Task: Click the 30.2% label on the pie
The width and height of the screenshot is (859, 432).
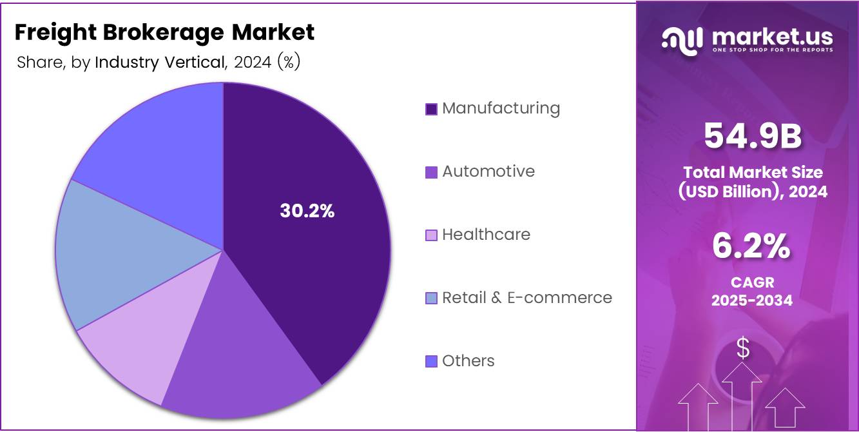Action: coord(307,211)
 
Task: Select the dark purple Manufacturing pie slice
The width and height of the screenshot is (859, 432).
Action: coord(322,271)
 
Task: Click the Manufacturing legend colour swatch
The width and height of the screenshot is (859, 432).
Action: coord(431,109)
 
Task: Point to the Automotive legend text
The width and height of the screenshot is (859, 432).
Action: coord(488,172)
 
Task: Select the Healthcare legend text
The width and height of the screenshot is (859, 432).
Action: coord(486,235)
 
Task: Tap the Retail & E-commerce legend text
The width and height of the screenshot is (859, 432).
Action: coord(526,298)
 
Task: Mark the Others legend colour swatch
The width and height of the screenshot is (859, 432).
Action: coord(431,362)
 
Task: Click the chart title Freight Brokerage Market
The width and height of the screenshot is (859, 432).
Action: coord(164,32)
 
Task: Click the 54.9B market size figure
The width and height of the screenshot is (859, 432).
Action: coord(752,136)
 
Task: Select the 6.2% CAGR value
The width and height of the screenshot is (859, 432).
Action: coord(751,247)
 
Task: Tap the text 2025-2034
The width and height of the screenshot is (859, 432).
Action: coord(751,300)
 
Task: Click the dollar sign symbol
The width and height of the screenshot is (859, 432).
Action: coord(743,348)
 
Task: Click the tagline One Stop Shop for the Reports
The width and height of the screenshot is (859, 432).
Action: coord(772,50)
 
